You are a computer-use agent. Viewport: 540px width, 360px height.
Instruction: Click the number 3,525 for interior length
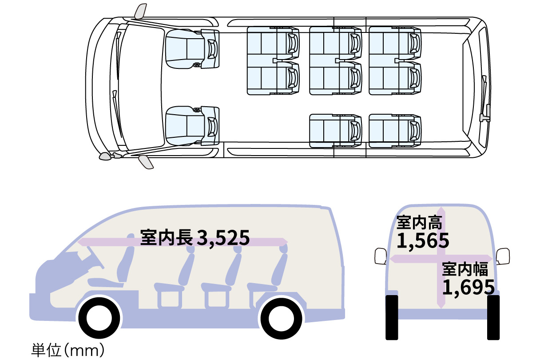click(x=223, y=238)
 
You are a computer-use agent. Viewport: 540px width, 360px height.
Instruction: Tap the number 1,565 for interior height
click(x=423, y=240)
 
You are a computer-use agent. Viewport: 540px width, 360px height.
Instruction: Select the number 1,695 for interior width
click(x=469, y=287)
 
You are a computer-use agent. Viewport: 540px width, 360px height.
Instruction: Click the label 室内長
click(x=167, y=237)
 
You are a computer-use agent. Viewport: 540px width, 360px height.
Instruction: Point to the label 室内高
click(x=420, y=222)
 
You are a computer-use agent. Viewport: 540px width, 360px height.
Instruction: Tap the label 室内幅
click(x=465, y=268)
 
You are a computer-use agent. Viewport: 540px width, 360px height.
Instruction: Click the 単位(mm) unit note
click(x=68, y=350)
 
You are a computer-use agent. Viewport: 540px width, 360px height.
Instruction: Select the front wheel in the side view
click(x=99, y=318)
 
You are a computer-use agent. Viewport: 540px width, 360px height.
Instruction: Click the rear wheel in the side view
click(x=281, y=319)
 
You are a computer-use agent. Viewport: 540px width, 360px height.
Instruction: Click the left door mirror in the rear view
click(x=381, y=256)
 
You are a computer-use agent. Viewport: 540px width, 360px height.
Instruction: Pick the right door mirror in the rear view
click(x=503, y=256)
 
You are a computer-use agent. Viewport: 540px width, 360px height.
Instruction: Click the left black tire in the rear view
click(x=392, y=317)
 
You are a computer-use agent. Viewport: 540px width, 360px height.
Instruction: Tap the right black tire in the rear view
click(x=493, y=317)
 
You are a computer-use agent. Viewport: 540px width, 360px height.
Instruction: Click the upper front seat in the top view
click(x=192, y=49)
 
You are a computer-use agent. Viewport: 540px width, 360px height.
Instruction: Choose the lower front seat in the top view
click(x=192, y=126)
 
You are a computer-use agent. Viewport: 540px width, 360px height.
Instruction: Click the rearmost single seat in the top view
click(x=395, y=131)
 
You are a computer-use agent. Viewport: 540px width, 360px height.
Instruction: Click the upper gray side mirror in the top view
click(x=140, y=11)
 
